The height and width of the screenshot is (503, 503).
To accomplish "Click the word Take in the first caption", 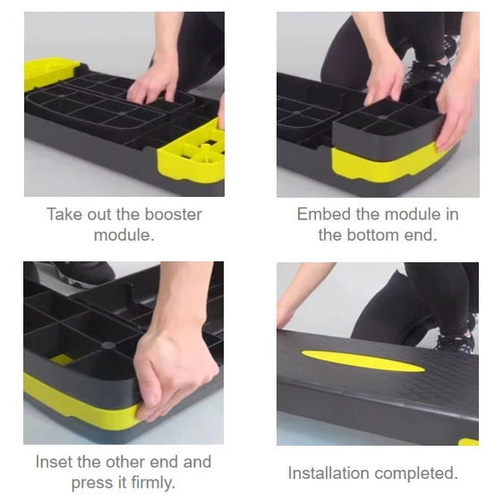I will (64, 215).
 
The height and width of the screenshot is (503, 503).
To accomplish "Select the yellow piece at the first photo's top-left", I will (50, 72).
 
